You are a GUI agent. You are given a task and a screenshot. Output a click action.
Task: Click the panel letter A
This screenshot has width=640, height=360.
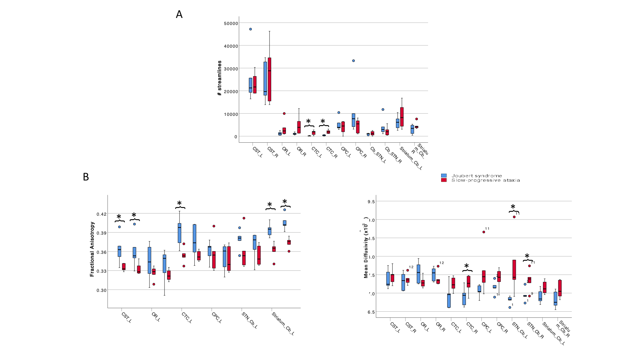[179, 14]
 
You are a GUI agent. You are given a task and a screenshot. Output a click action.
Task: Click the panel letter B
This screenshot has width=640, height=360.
[86, 177]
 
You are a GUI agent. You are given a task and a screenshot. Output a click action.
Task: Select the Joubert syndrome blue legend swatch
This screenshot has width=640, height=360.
[444, 176]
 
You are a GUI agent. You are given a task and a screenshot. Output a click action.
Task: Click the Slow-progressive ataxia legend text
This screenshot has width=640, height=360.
[485, 180]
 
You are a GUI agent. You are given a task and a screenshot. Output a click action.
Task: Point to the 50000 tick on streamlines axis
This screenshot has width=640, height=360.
[231, 23]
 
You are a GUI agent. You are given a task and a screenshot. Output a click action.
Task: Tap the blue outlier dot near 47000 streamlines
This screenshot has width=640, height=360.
[250, 29]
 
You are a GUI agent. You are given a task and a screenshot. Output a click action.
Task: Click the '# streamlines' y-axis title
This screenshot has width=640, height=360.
[220, 78]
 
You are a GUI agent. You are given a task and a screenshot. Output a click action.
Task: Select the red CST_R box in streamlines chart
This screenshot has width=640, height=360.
[270, 79]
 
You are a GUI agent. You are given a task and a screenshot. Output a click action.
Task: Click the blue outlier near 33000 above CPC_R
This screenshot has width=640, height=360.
[353, 61]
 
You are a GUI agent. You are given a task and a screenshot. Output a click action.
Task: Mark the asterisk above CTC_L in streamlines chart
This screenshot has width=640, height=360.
[308, 121]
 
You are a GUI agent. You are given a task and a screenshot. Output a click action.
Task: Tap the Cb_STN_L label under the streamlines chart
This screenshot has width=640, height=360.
[378, 155]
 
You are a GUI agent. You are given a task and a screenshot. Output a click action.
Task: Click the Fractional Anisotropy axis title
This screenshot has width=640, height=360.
[92, 249]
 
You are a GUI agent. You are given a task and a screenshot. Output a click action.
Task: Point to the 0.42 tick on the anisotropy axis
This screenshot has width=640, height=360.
[101, 214]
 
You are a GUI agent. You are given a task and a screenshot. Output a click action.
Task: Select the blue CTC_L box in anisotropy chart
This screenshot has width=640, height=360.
[179, 233]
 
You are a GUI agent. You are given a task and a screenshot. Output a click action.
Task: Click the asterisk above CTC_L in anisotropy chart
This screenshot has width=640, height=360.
[179, 204]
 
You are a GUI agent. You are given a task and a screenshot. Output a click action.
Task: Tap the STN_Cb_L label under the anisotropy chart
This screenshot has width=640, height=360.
[250, 320]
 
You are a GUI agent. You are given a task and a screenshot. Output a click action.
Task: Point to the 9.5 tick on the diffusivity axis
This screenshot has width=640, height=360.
[371, 202]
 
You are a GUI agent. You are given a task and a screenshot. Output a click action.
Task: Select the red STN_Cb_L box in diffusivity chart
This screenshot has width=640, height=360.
[514, 270]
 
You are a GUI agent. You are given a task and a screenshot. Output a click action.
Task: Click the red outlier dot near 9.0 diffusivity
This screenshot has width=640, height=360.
[514, 217]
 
